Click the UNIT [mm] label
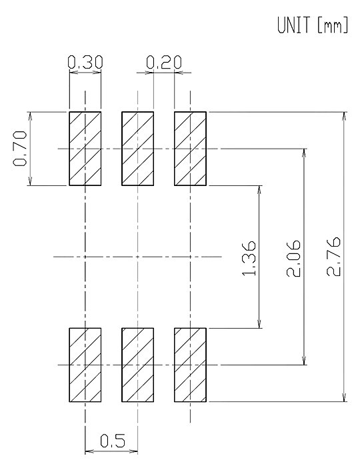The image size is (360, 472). click(x=313, y=25)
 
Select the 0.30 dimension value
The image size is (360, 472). click(x=85, y=62)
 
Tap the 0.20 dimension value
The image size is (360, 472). click(x=164, y=62)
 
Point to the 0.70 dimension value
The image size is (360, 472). click(x=20, y=149)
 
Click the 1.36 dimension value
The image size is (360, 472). click(x=249, y=258)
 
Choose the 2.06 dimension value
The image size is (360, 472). click(x=293, y=258)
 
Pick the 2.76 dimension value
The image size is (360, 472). click(x=333, y=257)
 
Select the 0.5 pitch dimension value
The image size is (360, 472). click(x=112, y=441)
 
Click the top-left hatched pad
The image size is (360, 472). click(x=85, y=149)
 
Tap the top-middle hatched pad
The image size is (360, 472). click(x=137, y=149)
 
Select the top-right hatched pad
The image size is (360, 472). click(x=190, y=149)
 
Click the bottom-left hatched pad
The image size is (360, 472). click(x=85, y=365)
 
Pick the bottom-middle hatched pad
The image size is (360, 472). click(x=137, y=365)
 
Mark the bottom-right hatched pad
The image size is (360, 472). click(x=190, y=365)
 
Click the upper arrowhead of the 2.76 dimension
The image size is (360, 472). click(x=345, y=117)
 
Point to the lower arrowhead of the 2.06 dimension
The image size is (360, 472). click(x=304, y=360)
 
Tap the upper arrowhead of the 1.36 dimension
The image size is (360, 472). click(x=259, y=190)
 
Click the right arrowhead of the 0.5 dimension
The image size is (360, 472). click(x=133, y=451)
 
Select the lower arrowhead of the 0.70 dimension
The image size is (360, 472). click(x=30, y=181)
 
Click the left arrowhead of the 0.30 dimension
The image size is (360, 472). click(x=74, y=72)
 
